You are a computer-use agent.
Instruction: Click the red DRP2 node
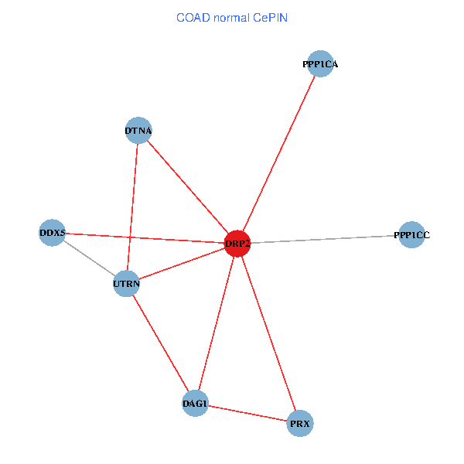(237, 244)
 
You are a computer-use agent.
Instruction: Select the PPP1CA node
(319, 64)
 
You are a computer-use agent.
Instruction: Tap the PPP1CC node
(411, 234)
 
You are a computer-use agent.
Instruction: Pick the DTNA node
(138, 131)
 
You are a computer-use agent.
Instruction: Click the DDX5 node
(52, 233)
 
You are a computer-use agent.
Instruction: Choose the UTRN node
(126, 284)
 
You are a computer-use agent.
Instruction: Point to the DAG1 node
(195, 404)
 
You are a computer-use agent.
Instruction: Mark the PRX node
(300, 424)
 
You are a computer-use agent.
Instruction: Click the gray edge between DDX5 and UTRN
(89, 258)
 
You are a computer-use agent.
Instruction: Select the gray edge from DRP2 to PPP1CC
(325, 239)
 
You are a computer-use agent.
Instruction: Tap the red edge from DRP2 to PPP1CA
(278, 154)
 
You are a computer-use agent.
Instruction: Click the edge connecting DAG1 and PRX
(247, 414)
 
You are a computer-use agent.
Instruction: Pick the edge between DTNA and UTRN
(132, 207)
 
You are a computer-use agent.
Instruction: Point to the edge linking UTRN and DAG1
(161, 344)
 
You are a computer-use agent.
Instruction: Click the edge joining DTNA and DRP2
(187, 187)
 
